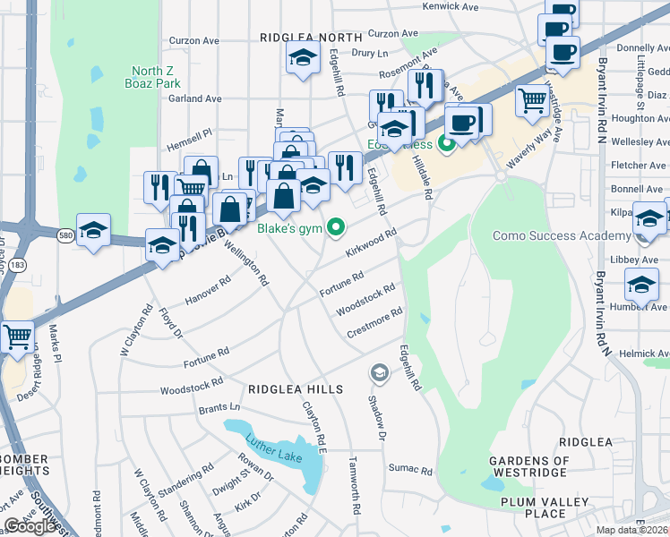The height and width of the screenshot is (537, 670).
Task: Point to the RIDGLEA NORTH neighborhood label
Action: pos(311,38)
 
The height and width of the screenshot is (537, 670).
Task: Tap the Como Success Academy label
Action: pos(562,236)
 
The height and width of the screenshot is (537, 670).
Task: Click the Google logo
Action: pos(31,525)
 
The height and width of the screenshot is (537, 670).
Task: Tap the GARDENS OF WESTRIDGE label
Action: pos(528,466)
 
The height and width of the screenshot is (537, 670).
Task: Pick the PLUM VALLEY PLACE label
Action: pos(533,507)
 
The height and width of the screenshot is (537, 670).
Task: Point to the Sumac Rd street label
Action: pos(410,469)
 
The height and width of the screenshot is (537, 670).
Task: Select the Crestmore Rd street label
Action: pos(375,323)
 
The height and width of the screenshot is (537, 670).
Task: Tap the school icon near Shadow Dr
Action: pos(380,371)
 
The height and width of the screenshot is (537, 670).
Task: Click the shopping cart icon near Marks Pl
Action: pos(18,337)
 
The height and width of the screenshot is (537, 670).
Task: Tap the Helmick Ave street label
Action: pos(643,354)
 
